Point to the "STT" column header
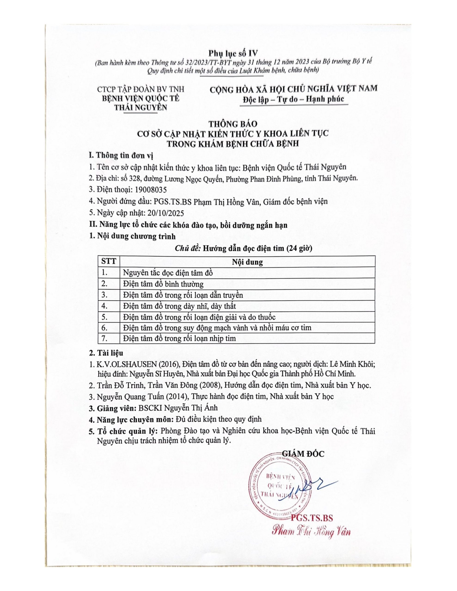(108, 261)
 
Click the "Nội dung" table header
(247, 262)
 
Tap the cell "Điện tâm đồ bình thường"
(163, 284)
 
